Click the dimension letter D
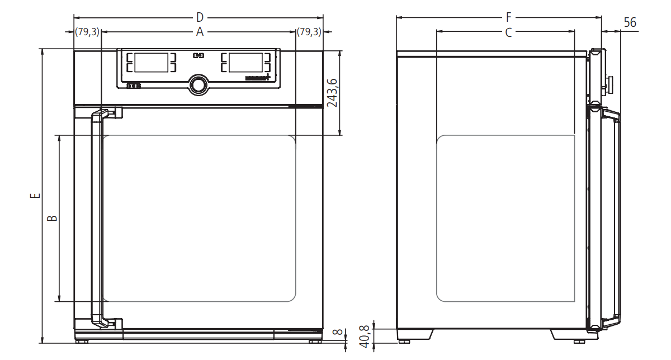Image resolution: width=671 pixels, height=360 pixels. (200, 17)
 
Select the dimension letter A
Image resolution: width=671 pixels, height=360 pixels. (200, 32)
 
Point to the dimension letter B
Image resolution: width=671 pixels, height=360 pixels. (51, 218)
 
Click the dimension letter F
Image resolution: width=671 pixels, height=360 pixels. (508, 17)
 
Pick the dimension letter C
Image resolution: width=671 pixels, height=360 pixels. (508, 32)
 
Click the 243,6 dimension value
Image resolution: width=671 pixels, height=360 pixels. (332, 93)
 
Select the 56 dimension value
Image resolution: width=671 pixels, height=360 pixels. (630, 22)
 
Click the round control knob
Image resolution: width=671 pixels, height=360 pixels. (197, 84)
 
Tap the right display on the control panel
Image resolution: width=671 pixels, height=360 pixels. (246, 63)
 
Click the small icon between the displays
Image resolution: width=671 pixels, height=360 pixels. (199, 55)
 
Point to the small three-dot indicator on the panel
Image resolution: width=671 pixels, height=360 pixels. (133, 86)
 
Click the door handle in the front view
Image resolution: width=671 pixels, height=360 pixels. (96, 218)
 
